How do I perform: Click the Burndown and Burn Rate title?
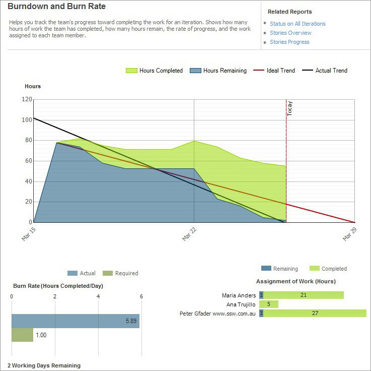(x=56, y=7)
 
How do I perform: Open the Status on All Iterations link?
(x=298, y=24)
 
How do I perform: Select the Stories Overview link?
(x=290, y=33)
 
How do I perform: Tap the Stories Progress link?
(x=289, y=42)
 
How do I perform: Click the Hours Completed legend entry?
(x=154, y=71)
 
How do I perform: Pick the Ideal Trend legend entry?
(x=274, y=71)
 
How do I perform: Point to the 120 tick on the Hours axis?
(x=26, y=99)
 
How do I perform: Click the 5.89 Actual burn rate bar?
(x=76, y=321)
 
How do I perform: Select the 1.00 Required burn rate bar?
(x=22, y=335)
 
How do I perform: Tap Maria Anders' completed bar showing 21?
(x=304, y=295)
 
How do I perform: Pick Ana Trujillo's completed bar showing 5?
(x=269, y=304)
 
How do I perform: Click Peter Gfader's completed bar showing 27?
(x=315, y=314)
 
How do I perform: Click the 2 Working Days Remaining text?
(x=44, y=365)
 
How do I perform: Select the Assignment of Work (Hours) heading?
(x=296, y=281)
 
